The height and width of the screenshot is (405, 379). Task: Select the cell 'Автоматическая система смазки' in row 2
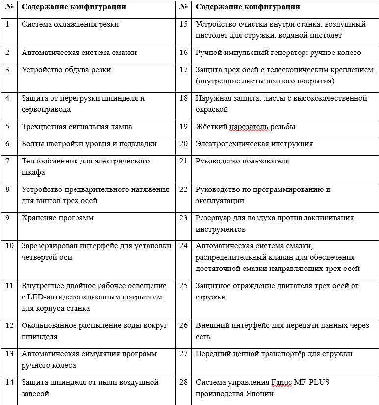point(79,53)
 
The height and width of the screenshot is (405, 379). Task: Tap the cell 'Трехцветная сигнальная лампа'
point(76,127)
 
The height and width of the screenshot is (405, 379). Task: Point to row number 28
point(184,382)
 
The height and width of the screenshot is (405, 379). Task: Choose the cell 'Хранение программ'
point(57,218)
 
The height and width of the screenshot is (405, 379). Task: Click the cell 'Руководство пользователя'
point(242,161)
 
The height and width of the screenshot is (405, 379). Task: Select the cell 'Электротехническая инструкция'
point(254,144)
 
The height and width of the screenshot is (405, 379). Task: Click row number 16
point(184,53)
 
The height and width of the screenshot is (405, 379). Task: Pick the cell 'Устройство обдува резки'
point(66,70)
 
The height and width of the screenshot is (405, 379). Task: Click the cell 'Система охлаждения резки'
point(70,24)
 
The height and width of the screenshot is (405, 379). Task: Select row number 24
point(184,246)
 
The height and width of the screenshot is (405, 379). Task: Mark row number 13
point(9,354)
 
